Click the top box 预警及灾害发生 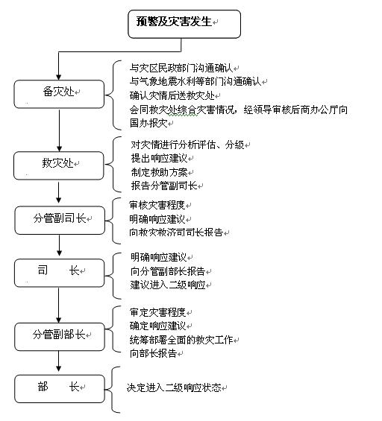point(184,24)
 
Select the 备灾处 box point(59,94)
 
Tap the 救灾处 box point(59,165)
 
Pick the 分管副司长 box point(60,221)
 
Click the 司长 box point(59,273)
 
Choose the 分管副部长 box point(60,337)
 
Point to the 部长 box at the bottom point(60,389)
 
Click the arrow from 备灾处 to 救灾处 point(59,130)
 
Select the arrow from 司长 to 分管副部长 point(59,305)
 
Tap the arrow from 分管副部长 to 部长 point(59,361)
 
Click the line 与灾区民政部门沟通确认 point(181,69)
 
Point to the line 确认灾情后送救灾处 point(172,95)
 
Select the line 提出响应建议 point(159,158)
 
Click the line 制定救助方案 point(159,172)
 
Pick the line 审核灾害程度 point(157,205)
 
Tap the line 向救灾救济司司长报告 point(176,232)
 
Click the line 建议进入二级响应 point(168,285)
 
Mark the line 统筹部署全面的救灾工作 point(181,340)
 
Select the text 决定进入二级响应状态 point(174,387)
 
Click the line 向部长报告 point(153,353)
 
